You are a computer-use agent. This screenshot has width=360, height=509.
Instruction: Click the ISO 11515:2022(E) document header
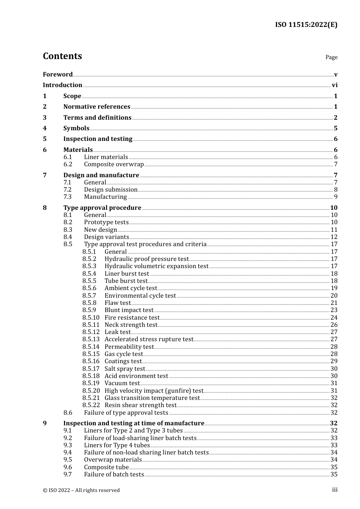tap(306, 25)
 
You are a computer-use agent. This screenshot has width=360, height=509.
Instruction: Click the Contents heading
tap(62, 56)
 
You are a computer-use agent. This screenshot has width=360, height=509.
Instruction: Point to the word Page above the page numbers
tap(331, 57)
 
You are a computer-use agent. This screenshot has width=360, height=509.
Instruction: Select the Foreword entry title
tap(58, 74)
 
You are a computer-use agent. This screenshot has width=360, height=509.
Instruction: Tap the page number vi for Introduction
tap(335, 85)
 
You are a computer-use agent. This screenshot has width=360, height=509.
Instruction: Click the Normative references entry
tap(97, 107)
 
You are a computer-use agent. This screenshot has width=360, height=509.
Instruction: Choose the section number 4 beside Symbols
tap(45, 128)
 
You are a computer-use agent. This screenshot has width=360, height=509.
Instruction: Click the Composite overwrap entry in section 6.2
tap(114, 164)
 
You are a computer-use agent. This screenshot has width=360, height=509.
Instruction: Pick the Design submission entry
tap(111, 190)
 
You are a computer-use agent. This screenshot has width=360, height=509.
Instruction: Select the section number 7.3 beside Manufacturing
tap(67, 197)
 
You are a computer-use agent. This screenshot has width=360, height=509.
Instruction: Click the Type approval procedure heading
tap(102, 208)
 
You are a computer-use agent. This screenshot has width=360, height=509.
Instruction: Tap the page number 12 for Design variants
tap(334, 237)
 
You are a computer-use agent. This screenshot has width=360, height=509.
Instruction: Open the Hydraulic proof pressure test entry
tap(146, 259)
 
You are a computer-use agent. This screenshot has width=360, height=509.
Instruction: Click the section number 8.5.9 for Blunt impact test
tap(89, 310)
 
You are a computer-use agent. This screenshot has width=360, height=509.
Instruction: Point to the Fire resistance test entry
tap(132, 318)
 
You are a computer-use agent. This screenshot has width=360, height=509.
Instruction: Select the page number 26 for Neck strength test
tap(334, 325)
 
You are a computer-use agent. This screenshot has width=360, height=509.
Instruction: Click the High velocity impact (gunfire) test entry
tap(154, 391)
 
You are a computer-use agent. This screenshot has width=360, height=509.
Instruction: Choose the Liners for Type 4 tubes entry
tap(117, 445)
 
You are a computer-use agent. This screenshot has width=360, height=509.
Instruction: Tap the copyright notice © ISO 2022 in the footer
tap(81, 490)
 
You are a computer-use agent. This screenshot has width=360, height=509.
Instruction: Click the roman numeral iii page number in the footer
tap(335, 490)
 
